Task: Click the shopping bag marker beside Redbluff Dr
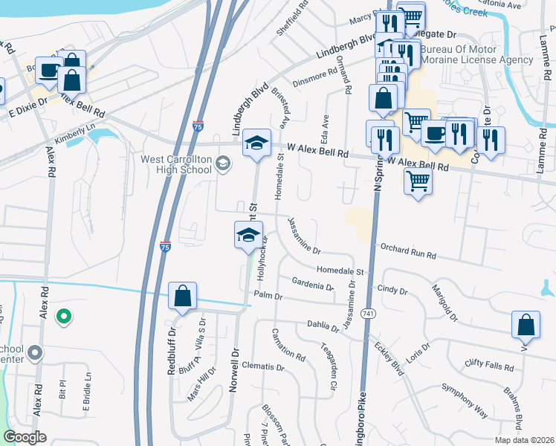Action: tap(182, 297)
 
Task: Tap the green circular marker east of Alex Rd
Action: tap(64, 317)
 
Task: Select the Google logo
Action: tap(25, 437)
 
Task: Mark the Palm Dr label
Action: tap(269, 296)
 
